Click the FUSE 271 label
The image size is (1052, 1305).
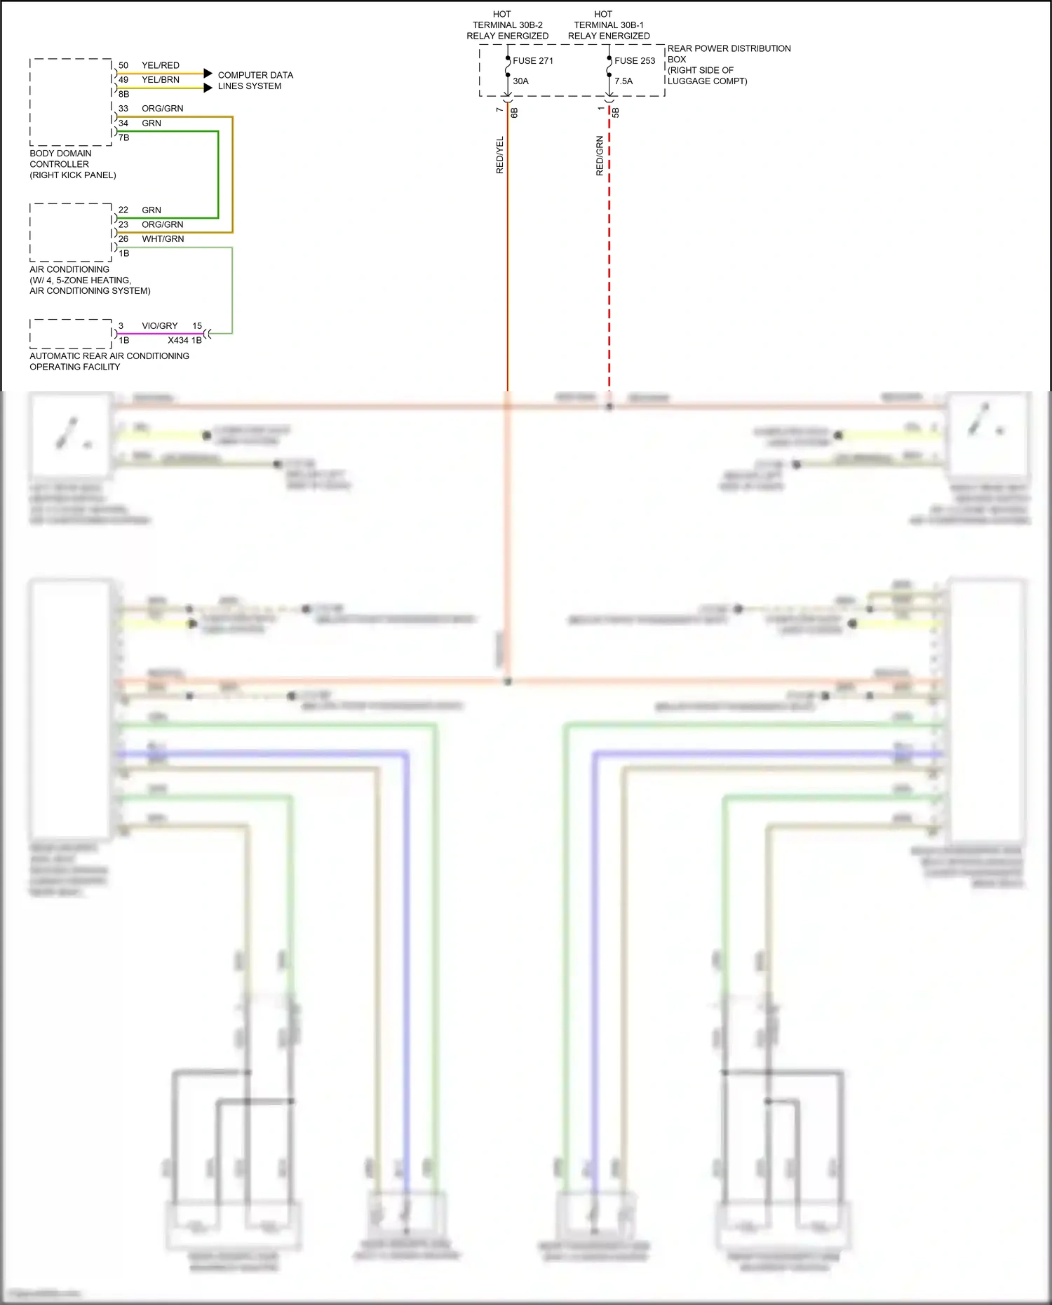point(533,61)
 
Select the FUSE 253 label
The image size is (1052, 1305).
point(635,61)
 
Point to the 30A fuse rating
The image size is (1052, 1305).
point(520,81)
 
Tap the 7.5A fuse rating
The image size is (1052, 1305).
point(623,81)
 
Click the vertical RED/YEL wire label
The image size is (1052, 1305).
point(500,155)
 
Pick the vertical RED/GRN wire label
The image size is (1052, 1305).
point(600,155)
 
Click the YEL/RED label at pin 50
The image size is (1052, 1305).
point(161,65)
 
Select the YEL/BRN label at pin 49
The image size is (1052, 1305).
point(161,80)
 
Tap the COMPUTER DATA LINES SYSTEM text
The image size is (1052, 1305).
point(255,81)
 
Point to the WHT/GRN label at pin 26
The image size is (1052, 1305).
point(163,239)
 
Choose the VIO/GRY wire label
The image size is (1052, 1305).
point(160,326)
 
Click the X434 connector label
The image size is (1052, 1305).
point(178,340)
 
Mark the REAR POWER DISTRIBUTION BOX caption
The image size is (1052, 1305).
point(728,65)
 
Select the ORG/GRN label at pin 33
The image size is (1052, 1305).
point(162,109)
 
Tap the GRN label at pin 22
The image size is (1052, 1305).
point(151,210)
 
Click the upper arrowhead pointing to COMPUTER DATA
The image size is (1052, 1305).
point(208,73)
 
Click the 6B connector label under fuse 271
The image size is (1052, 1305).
point(514,112)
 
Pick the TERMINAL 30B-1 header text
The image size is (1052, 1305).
point(608,25)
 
